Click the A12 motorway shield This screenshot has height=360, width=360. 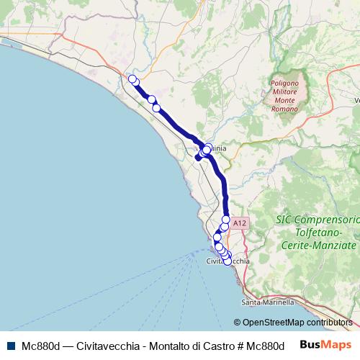click(x=241, y=224)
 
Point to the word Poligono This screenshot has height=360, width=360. click(x=284, y=84)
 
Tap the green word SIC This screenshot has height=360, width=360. click(x=287, y=219)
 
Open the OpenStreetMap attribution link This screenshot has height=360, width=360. click(x=273, y=323)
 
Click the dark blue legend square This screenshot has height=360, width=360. click(x=11, y=345)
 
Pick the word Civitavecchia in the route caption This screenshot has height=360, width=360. click(x=105, y=345)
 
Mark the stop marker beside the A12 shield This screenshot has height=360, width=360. click(x=226, y=220)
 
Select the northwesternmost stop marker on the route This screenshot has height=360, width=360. click(x=132, y=78)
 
